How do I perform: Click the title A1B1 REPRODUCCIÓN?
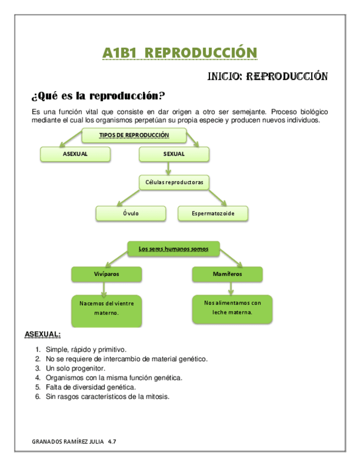click(x=180, y=53)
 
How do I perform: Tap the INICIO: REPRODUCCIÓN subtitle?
click(x=267, y=76)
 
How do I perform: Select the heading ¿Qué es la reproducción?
click(x=99, y=96)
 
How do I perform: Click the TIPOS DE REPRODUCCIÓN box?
click(x=134, y=135)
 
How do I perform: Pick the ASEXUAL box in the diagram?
click(x=75, y=154)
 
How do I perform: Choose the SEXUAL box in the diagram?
click(x=174, y=154)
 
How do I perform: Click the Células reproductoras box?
click(x=174, y=182)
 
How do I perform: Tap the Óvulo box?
click(x=131, y=213)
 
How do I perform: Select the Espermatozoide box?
click(x=213, y=213)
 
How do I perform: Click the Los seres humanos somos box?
click(x=173, y=249)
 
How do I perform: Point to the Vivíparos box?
click(x=107, y=273)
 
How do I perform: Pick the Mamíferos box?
click(x=227, y=273)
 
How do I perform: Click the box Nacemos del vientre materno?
click(x=107, y=308)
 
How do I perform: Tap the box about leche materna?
click(x=232, y=307)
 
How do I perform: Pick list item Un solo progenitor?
click(x=75, y=368)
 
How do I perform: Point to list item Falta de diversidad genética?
click(x=90, y=387)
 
